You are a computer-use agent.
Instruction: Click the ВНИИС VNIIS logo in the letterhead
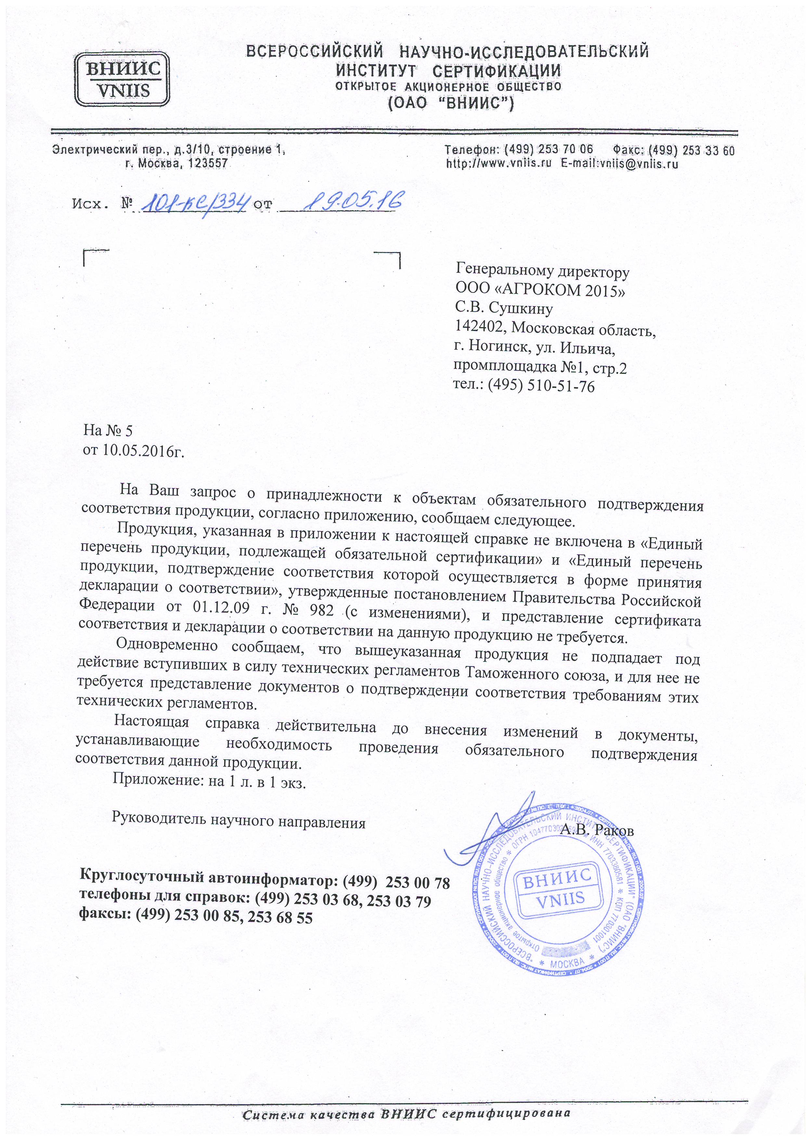click(120, 79)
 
